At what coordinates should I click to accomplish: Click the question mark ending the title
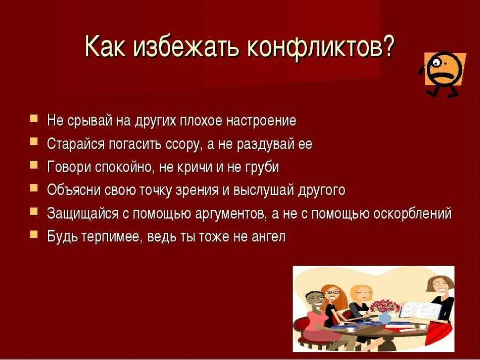coord(388,46)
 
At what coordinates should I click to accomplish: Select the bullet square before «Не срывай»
coord(34,119)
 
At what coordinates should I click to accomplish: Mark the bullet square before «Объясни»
coord(34,188)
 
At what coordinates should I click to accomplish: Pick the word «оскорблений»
coord(412,213)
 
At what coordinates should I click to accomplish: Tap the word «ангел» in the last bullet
coord(268,236)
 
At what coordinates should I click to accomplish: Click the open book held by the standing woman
coord(416,309)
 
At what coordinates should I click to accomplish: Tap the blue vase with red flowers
coord(385,318)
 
